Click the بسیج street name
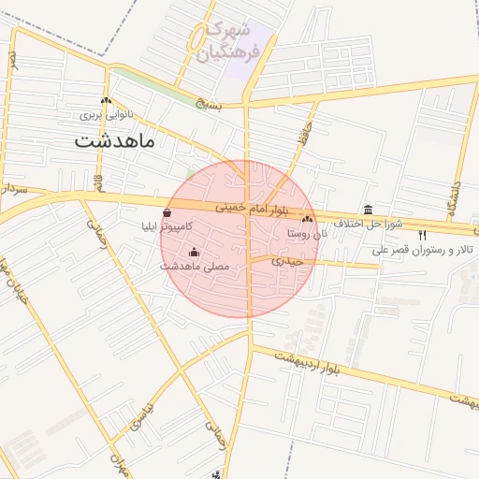(x=212, y=105)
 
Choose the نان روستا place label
(x=306, y=232)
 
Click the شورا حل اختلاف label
(x=371, y=224)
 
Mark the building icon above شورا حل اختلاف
(x=368, y=210)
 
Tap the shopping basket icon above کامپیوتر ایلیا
(x=167, y=213)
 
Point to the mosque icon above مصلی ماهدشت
(x=194, y=252)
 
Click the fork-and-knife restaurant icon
(x=423, y=235)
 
